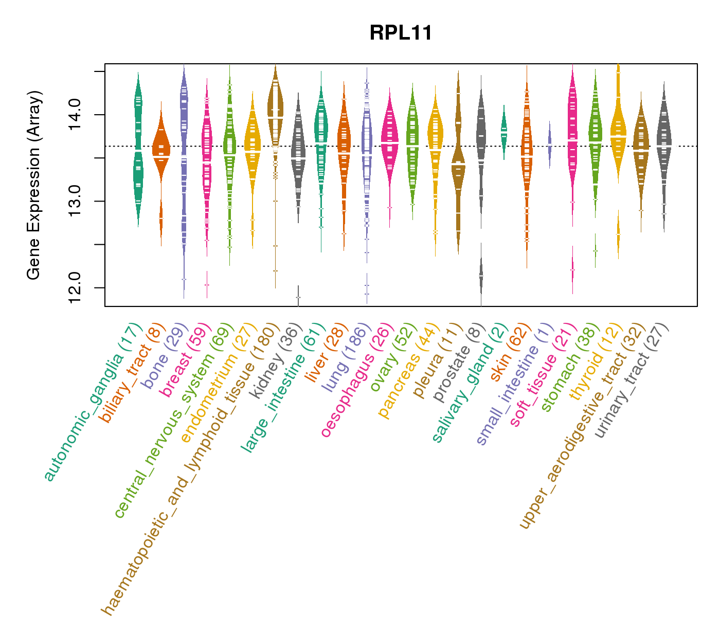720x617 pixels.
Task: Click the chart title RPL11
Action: point(401,33)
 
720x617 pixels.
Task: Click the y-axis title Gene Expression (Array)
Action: point(34,185)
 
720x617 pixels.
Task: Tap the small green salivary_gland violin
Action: point(504,132)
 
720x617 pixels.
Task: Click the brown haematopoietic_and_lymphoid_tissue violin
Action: point(276,118)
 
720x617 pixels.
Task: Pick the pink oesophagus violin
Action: point(390,141)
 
